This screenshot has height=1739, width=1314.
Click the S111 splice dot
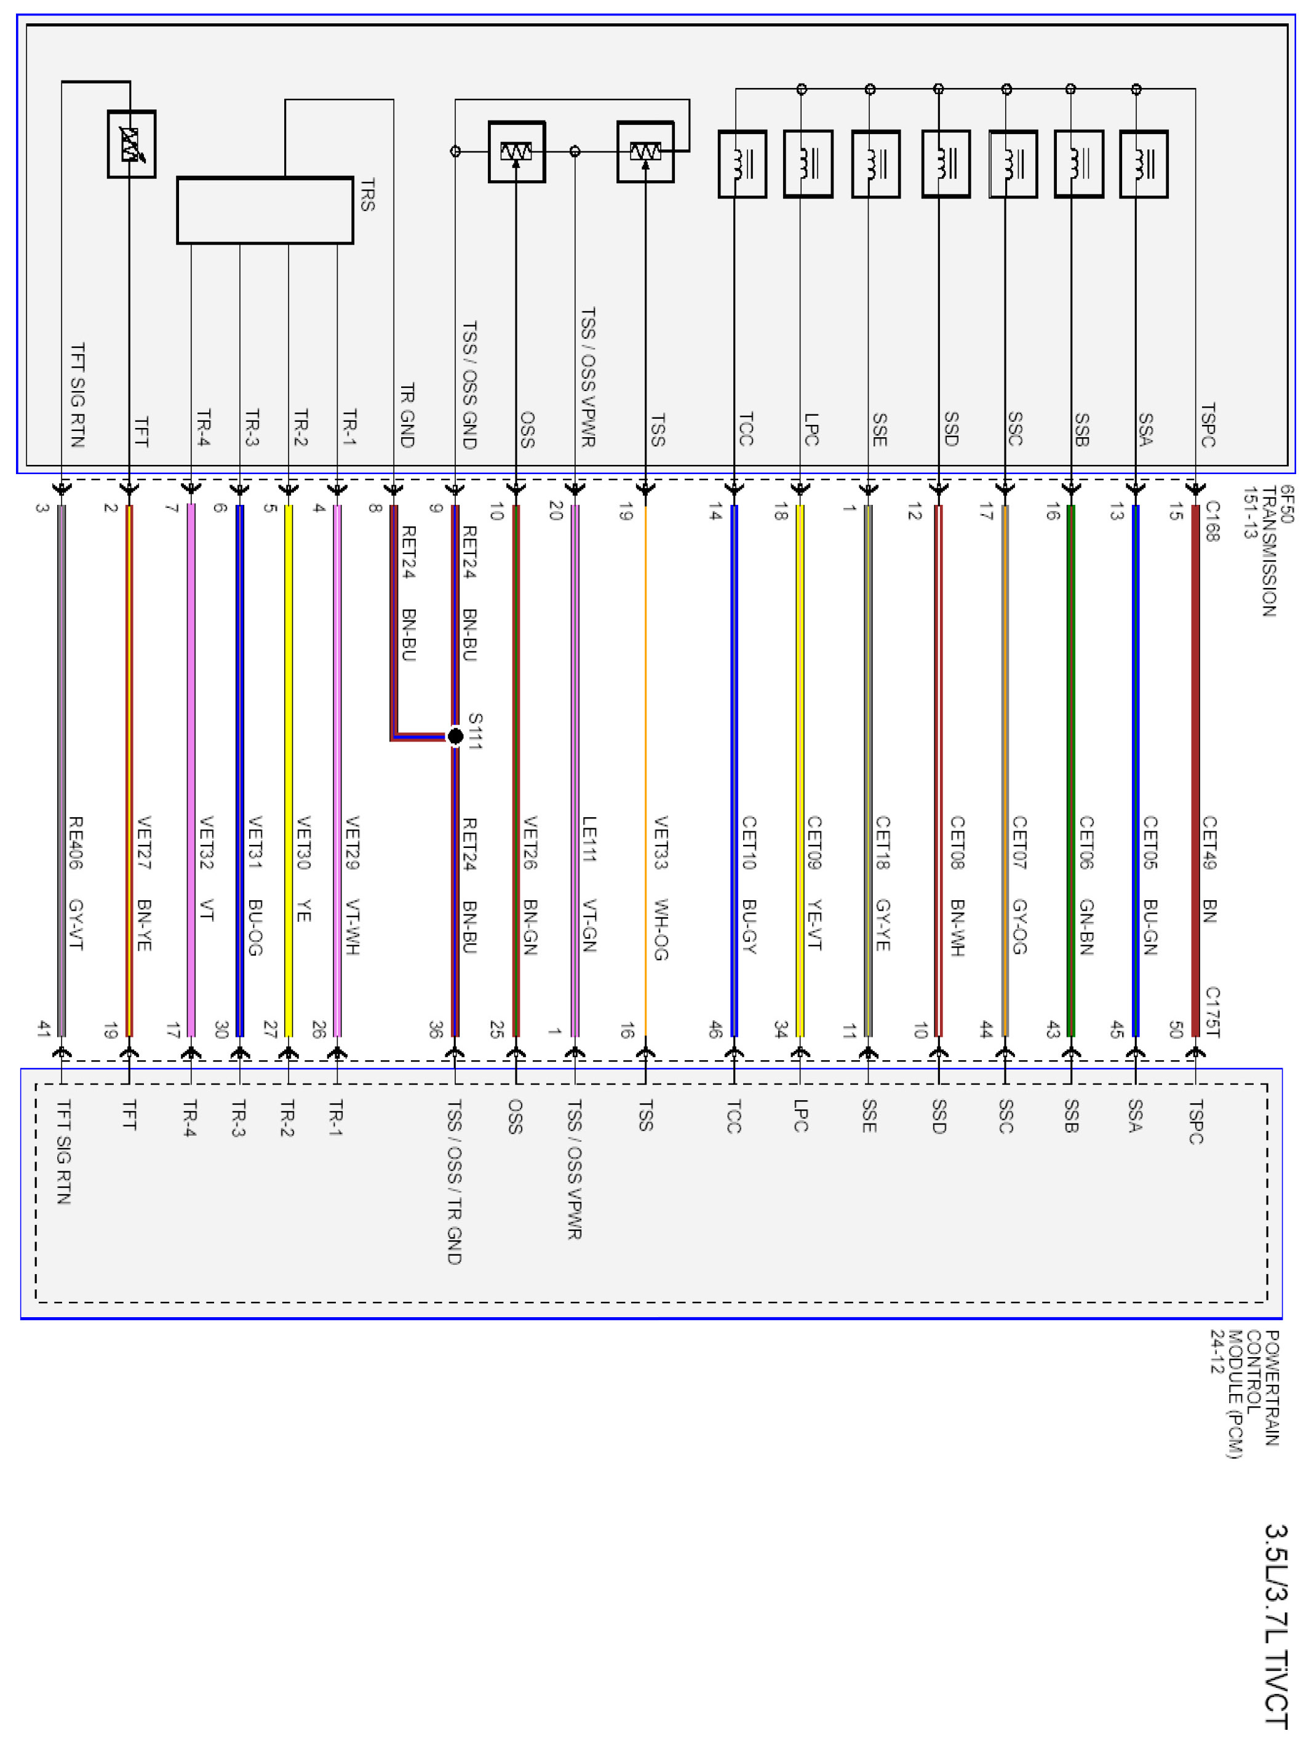455,736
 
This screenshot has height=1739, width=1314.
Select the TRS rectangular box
265,211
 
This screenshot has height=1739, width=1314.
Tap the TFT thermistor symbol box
131,144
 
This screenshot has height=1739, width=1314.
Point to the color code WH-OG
661,929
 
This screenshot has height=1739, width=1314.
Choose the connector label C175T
1212,1011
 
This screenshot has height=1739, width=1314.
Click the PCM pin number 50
1176,1029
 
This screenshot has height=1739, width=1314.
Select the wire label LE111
589,839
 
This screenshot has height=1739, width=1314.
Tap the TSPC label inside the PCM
1195,1122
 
